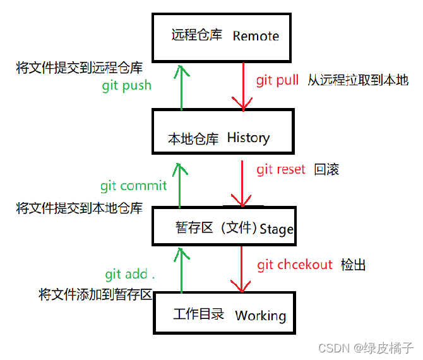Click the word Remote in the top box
[256, 36]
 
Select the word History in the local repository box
[248, 138]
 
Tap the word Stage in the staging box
[277, 229]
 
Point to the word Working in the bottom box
[260, 315]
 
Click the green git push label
[126, 85]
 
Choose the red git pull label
[278, 81]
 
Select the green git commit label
[133, 186]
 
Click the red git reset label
[280, 169]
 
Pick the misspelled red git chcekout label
[294, 265]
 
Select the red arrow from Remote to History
[242, 85]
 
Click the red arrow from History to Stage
[242, 183]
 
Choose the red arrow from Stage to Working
[242, 268]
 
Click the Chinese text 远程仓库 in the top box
[196, 35]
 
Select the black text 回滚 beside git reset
[326, 170]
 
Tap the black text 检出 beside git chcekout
[353, 265]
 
